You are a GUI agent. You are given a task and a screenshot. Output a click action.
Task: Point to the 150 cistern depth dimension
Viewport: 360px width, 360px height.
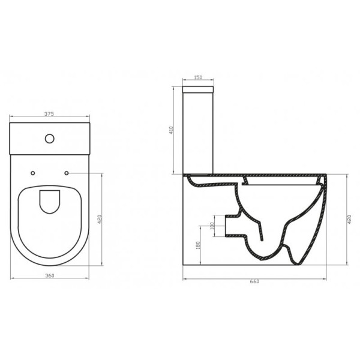[198, 78]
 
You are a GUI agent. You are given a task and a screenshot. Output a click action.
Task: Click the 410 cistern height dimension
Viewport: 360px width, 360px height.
[172, 130]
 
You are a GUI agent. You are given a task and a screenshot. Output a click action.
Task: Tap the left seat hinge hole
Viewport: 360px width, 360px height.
[32, 173]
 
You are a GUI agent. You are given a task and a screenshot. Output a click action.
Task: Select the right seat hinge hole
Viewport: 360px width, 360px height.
[66, 173]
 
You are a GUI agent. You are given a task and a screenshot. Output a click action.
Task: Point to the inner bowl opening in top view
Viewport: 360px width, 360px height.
[49, 202]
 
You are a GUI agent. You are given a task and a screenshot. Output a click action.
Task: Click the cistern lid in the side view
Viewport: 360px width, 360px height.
[198, 89]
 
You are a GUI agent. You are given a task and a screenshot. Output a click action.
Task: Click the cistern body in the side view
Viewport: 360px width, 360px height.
[198, 132]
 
